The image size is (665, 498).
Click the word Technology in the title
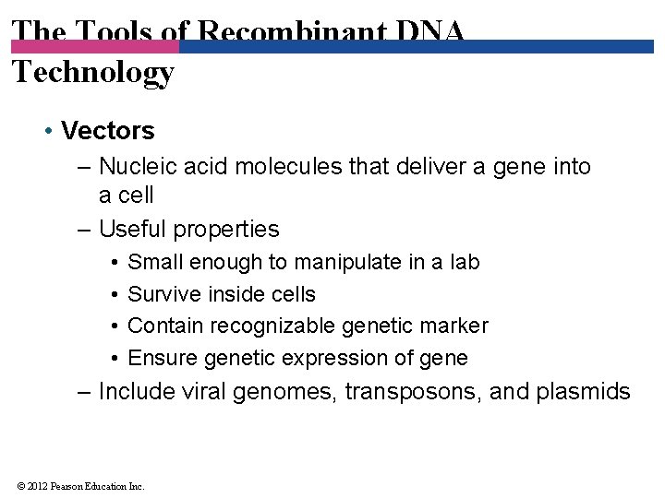(92, 72)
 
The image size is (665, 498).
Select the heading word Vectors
(108, 131)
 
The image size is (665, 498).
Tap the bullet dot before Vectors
(47, 131)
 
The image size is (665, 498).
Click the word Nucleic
(133, 166)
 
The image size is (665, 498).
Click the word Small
(155, 262)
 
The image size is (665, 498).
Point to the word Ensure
(161, 358)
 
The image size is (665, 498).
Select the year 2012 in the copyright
(37, 486)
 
